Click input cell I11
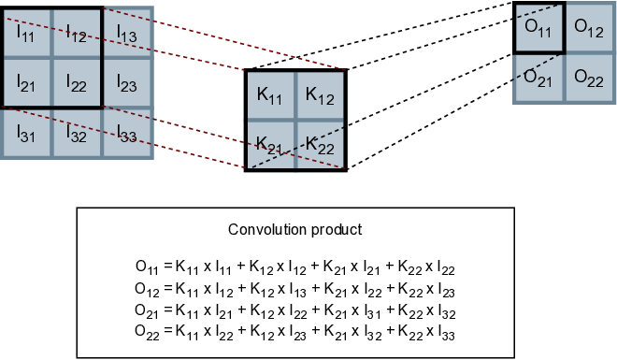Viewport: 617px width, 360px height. coord(25,32)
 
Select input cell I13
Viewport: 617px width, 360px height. coord(126,32)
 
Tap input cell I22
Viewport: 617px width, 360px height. coord(76,82)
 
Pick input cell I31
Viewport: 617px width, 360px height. coord(25,133)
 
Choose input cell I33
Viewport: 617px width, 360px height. coord(126,133)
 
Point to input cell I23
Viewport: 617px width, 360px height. coord(126,82)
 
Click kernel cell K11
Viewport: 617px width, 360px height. coord(269,94)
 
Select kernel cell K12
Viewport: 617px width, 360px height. coord(320,94)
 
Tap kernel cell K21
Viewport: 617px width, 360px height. coord(269,145)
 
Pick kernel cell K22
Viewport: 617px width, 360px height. coord(320,145)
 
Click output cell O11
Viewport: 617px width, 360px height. coord(538,28)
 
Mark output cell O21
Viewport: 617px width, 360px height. coord(538,78)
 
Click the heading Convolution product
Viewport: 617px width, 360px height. coord(294,229)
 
